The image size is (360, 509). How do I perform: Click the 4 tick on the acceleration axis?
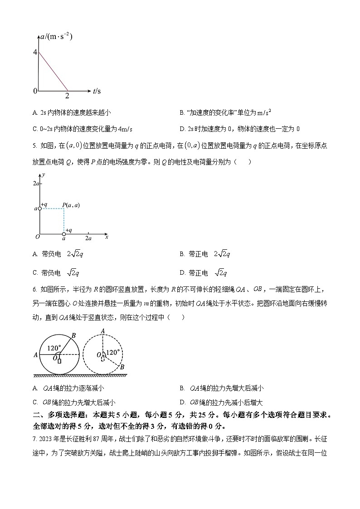coord(35,52)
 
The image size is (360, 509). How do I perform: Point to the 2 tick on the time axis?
coord(67,96)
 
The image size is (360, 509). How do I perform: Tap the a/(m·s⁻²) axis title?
coord(56,37)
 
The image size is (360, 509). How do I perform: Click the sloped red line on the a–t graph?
coord(53,72)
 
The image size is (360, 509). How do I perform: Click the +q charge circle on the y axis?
coord(39,208)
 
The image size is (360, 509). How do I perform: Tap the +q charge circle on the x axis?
coord(64,234)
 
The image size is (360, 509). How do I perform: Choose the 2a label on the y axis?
coord(36,183)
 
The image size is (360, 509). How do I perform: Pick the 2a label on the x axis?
coord(88,238)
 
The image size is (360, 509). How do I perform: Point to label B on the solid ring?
coord(74,336)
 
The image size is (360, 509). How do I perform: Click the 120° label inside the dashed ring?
coord(112,352)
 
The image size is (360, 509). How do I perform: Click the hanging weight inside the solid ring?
coord(59,361)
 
